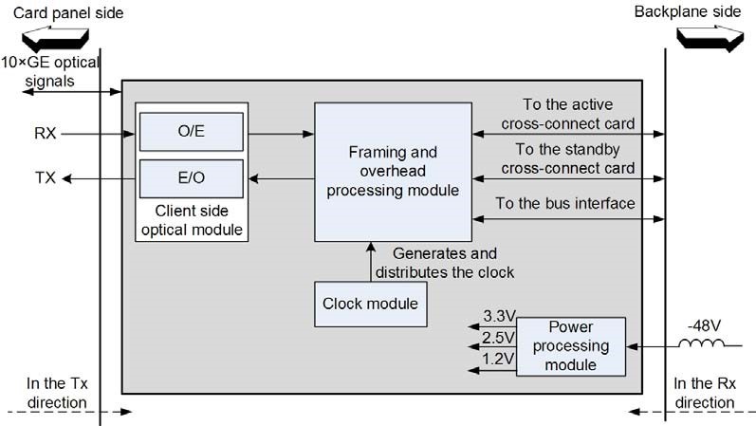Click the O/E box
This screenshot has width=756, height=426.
(x=192, y=132)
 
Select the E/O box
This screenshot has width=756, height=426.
(x=192, y=178)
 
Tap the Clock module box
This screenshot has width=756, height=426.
(x=370, y=305)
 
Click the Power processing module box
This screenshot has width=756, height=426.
(x=571, y=346)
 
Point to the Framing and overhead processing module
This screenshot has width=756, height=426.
(x=393, y=172)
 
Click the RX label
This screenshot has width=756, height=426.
(x=46, y=133)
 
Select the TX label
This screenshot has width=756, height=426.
(x=46, y=178)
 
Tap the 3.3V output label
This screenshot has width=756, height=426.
(x=500, y=316)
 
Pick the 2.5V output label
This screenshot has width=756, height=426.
(x=499, y=338)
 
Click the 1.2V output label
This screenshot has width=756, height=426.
(x=499, y=359)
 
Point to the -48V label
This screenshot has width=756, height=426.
(x=704, y=325)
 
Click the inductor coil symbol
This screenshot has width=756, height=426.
(x=702, y=343)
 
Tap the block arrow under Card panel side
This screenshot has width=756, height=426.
(x=55, y=40)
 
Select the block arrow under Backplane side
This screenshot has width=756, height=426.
(x=710, y=39)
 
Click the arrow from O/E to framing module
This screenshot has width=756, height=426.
(x=281, y=134)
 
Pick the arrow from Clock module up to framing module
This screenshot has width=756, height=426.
(x=371, y=262)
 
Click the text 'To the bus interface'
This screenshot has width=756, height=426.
(x=565, y=203)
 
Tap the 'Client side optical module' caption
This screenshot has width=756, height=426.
(x=192, y=220)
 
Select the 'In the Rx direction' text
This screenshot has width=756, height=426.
(x=705, y=393)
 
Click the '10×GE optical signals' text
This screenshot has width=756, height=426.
(x=50, y=71)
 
